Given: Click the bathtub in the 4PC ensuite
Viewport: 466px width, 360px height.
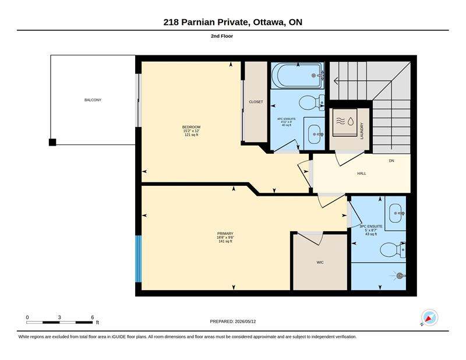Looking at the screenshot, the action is [297, 76].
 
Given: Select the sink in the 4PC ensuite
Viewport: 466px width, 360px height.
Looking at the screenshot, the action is [315, 135].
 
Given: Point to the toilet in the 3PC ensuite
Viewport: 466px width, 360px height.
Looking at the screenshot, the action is [392, 249].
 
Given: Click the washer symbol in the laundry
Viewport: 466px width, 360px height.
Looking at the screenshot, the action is [345, 122].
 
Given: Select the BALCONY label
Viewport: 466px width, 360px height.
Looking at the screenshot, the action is [93, 100].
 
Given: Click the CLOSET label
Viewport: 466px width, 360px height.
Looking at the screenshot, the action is [256, 102].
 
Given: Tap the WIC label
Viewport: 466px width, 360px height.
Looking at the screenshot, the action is [320, 262].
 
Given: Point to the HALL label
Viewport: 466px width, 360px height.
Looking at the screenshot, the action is [362, 174].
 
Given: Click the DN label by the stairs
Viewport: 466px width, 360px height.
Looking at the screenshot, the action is [391, 161].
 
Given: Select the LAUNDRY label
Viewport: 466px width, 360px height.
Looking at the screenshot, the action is [362, 131].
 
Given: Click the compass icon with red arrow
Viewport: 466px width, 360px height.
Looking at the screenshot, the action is [429, 317].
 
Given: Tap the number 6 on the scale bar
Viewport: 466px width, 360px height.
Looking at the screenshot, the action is [93, 317].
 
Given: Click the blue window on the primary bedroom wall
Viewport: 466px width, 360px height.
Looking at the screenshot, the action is [138, 259].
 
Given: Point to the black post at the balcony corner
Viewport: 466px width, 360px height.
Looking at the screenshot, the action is [52, 142].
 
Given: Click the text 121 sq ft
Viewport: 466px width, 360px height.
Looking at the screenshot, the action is [192, 135].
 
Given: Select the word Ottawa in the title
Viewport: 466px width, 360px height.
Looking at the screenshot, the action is [268, 22].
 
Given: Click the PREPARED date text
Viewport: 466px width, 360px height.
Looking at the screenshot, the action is [232, 322].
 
